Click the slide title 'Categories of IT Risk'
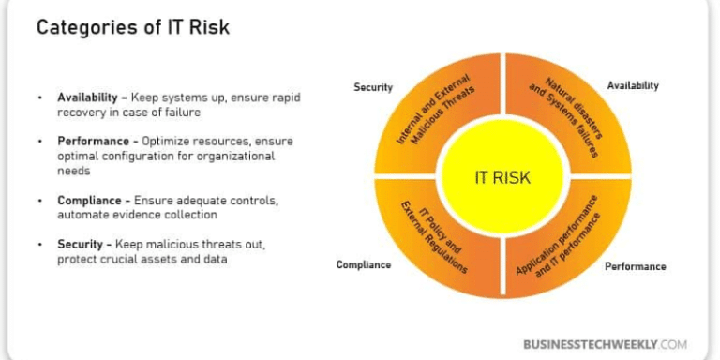coord(132,28)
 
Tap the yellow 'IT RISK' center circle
coord(503,176)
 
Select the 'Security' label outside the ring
coord(372,87)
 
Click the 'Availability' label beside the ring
coord(632,85)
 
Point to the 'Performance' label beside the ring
coord(635,266)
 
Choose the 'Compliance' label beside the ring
coord(364,264)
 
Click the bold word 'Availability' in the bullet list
coord(87,97)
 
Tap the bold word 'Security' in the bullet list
coord(79,244)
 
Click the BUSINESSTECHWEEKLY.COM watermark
coord(605,344)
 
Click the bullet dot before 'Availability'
coord(39,98)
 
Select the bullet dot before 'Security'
coord(39,245)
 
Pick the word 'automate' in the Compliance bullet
coord(82,215)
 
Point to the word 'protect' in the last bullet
coord(76,259)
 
